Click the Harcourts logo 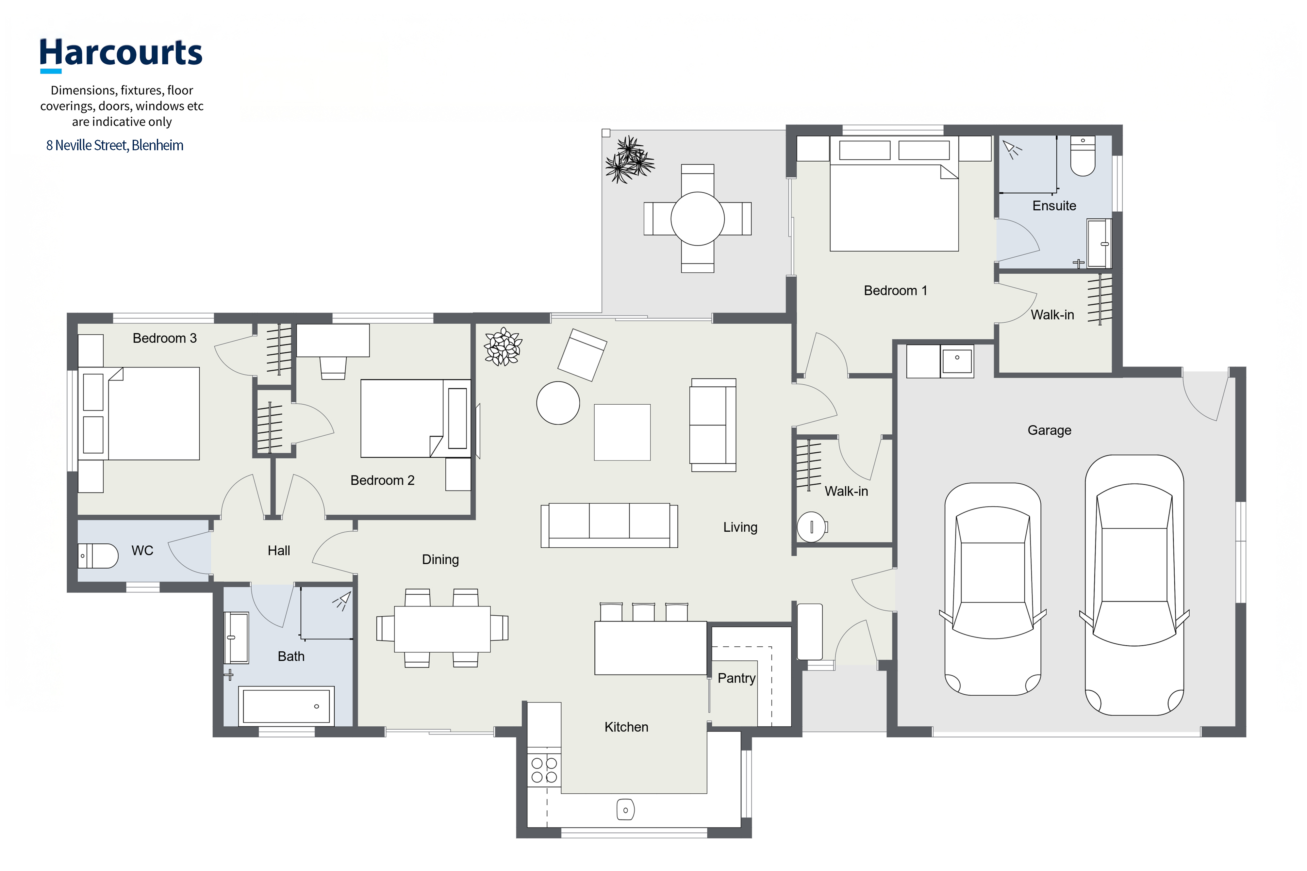(x=121, y=55)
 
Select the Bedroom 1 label (x=895, y=291)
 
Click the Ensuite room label (x=1054, y=206)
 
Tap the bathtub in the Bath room (x=286, y=706)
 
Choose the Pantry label (x=736, y=678)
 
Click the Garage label (x=1049, y=430)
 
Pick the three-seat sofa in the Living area (x=609, y=525)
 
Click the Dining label (x=440, y=559)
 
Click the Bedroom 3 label (x=164, y=338)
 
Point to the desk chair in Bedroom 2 (x=333, y=368)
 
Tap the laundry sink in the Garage (x=957, y=361)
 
